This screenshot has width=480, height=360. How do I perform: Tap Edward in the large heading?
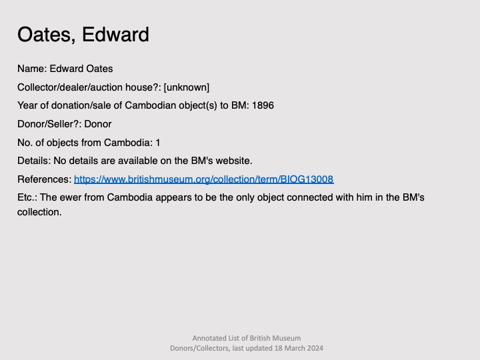click(x=115, y=34)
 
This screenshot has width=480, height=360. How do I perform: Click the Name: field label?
click(x=32, y=69)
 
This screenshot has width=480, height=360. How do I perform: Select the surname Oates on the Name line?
click(x=99, y=69)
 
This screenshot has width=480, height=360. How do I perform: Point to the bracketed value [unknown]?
click(x=187, y=87)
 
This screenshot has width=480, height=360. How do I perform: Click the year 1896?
click(x=263, y=105)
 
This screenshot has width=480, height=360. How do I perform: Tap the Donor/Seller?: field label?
click(x=49, y=124)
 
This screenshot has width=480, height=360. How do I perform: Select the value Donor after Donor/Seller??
click(x=97, y=124)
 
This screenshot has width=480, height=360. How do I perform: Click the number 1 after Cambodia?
click(x=158, y=143)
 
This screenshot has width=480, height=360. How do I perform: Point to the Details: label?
click(x=34, y=161)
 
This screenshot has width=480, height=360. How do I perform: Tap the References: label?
click(x=45, y=179)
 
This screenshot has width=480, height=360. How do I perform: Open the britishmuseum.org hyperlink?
click(x=204, y=179)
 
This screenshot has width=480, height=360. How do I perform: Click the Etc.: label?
click(x=27, y=197)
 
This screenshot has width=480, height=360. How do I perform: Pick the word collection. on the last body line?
click(x=39, y=212)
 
